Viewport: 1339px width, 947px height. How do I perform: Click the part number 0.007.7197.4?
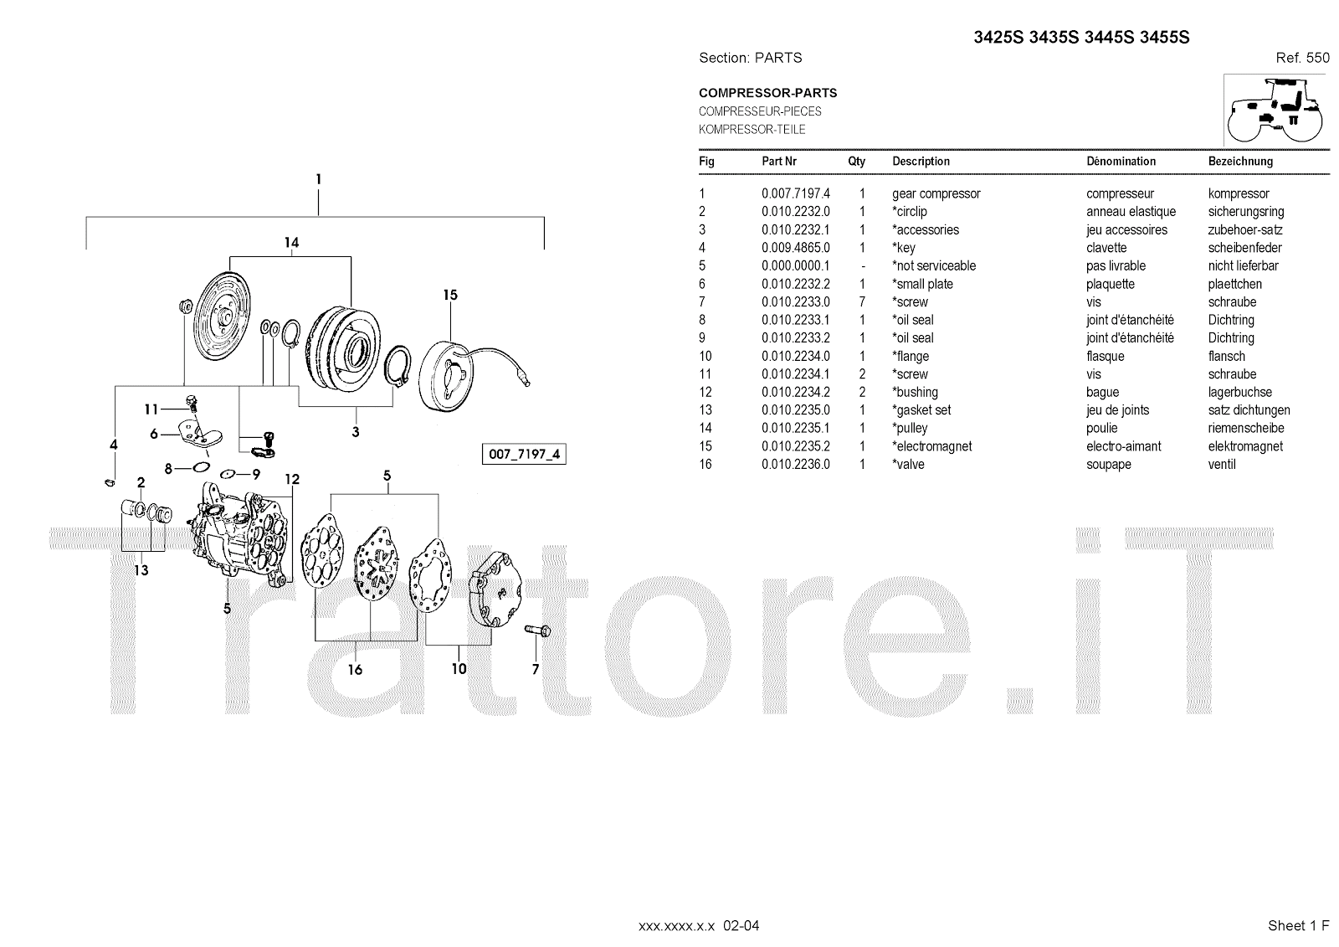(x=795, y=193)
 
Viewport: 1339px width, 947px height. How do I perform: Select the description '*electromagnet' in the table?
(x=931, y=446)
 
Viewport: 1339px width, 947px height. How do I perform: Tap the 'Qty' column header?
(x=856, y=161)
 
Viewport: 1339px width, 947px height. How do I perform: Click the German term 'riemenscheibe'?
(x=1245, y=428)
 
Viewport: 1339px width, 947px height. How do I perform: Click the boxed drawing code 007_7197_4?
(x=523, y=455)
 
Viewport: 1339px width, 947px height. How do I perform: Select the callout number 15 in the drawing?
(x=450, y=295)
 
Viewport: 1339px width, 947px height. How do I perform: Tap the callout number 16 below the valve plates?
(x=355, y=669)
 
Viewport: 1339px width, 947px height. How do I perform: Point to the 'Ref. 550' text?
(x=1302, y=58)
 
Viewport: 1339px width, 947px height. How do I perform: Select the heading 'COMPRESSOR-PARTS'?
(x=767, y=93)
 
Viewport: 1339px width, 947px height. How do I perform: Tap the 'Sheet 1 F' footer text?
(x=1298, y=925)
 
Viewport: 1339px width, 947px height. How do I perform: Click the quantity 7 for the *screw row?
(x=862, y=301)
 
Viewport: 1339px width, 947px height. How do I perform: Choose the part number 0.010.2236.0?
(x=795, y=464)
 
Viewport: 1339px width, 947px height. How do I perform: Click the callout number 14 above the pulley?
(x=290, y=243)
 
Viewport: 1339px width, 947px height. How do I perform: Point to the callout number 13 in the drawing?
(x=141, y=570)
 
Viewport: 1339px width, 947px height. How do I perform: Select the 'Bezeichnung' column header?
(x=1240, y=161)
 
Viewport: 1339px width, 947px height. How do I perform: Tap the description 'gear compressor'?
(x=936, y=193)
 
